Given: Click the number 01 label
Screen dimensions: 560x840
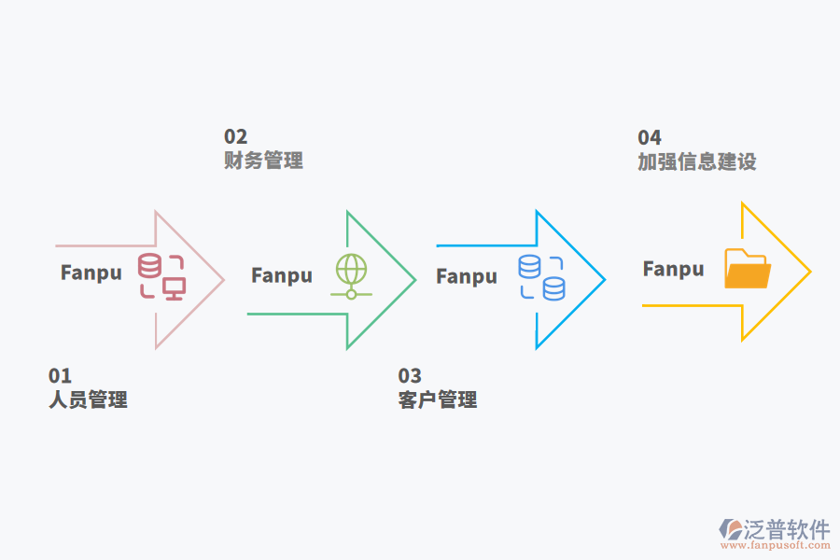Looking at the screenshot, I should [60, 376].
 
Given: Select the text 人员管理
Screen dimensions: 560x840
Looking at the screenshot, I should [88, 400].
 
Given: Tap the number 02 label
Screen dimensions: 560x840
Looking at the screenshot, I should [235, 137].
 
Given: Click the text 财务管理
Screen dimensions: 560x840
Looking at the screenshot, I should [263, 161].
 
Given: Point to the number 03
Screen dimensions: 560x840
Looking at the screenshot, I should [410, 376].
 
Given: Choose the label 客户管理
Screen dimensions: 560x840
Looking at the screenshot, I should [438, 400].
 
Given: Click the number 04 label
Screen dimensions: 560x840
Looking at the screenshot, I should [650, 138].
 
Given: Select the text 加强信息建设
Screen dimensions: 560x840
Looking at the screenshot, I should [696, 161].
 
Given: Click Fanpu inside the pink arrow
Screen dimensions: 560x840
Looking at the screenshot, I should [91, 273].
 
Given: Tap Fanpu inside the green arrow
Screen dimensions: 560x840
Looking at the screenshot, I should [282, 276].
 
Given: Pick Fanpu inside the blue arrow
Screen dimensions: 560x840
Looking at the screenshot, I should [467, 276].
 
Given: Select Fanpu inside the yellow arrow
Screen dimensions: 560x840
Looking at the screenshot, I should [673, 269].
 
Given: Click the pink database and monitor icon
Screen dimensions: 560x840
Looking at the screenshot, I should [161, 275].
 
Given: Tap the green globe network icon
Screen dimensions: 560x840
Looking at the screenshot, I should [351, 276].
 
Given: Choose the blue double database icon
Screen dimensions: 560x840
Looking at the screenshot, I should [542, 277].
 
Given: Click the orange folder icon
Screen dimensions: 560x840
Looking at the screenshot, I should [748, 269].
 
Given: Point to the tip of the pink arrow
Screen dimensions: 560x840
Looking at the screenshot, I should [223, 279].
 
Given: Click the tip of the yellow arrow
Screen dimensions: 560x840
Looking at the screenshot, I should [809, 272].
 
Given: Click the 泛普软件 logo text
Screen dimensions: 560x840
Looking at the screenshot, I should [787, 530].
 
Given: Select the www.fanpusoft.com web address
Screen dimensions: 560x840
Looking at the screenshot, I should [774, 549].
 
